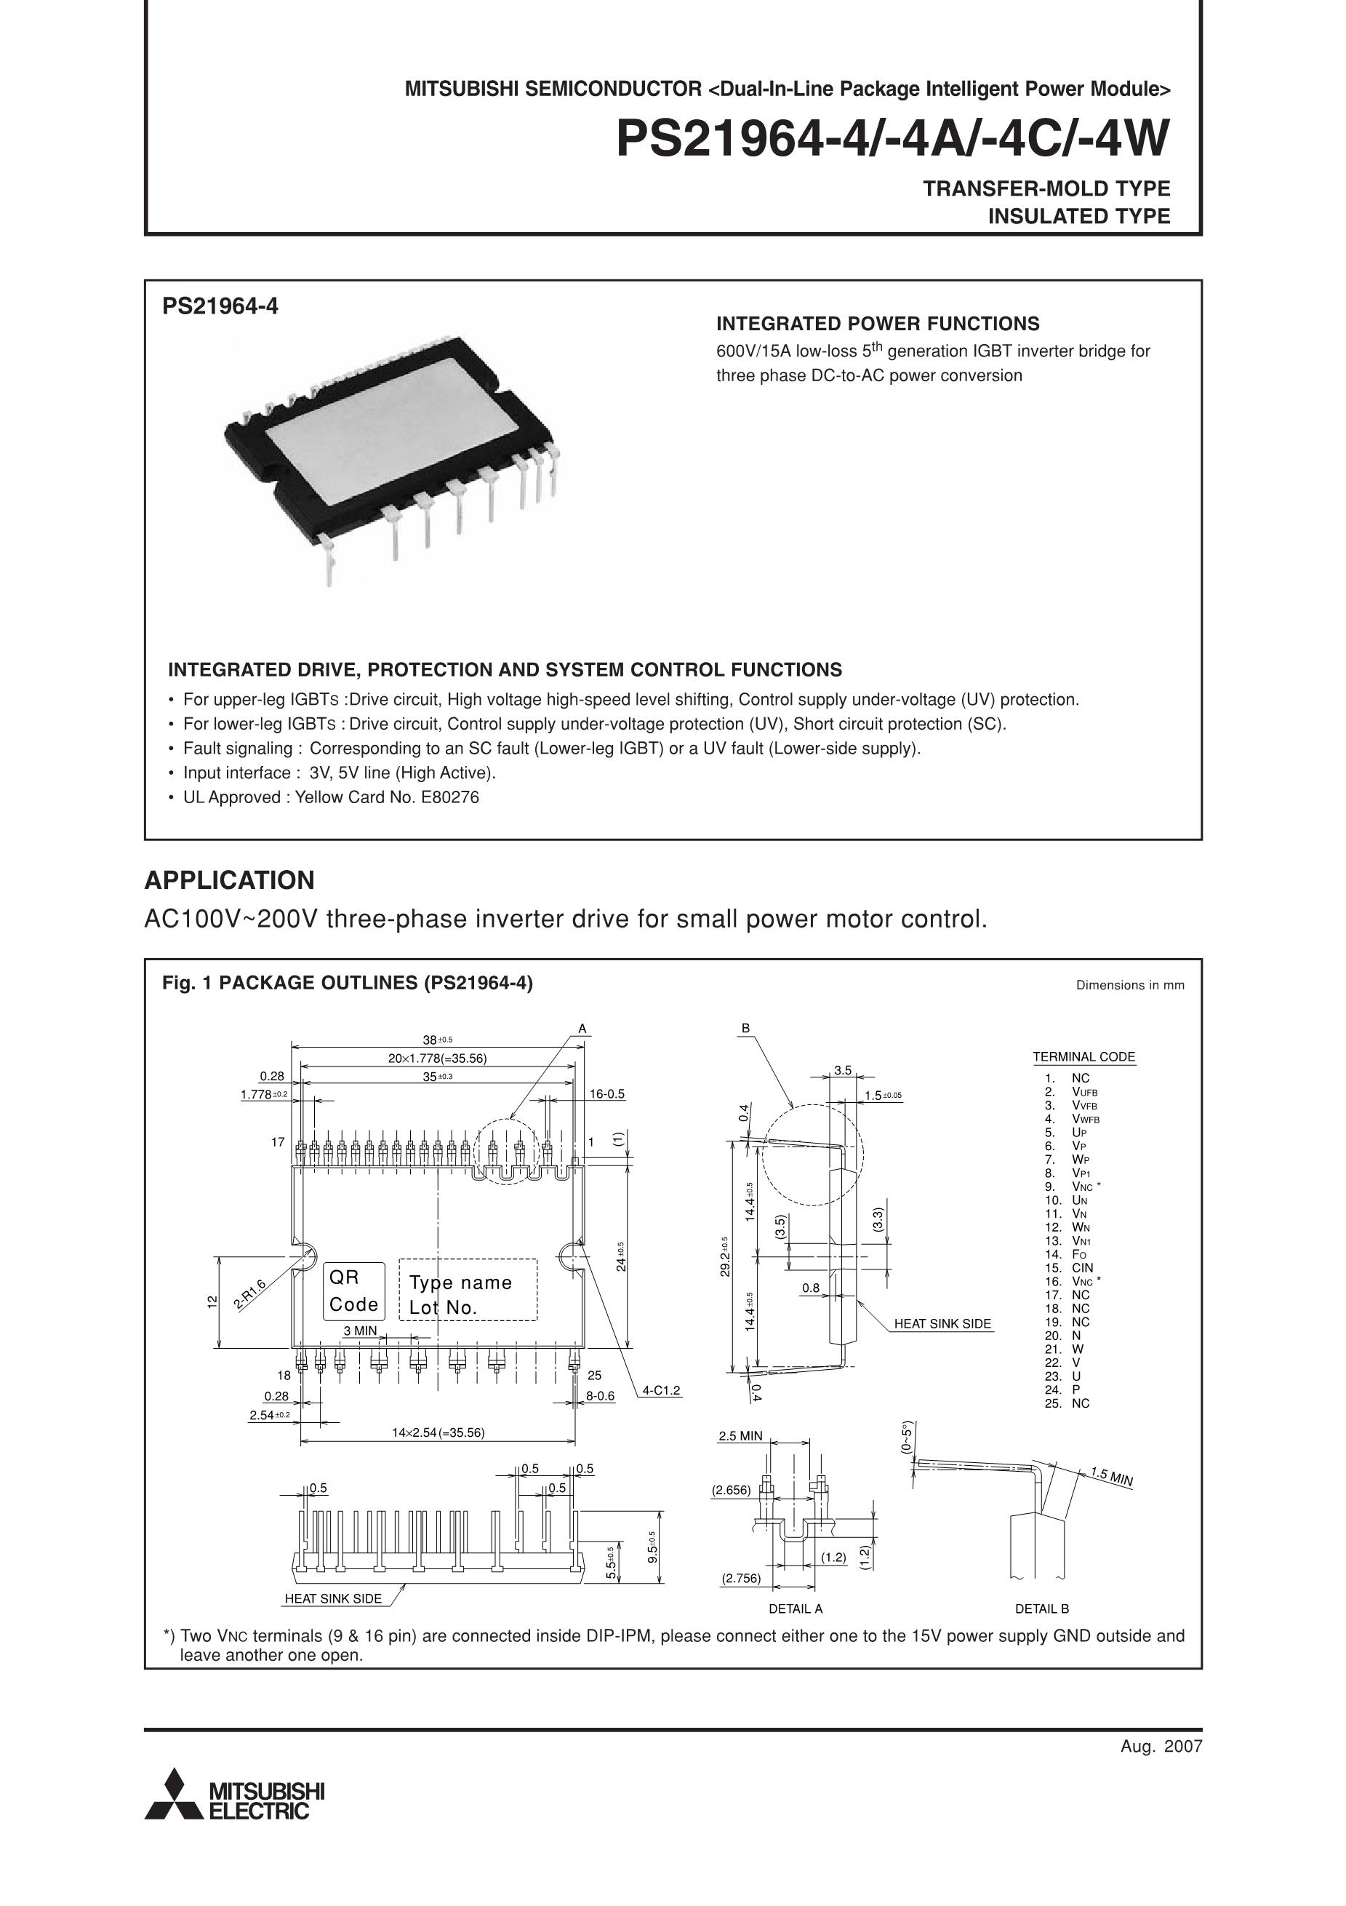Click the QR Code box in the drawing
[x=353, y=1290]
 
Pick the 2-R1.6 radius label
[x=249, y=1294]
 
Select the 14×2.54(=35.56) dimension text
[x=438, y=1432]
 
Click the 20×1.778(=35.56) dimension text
[x=437, y=1058]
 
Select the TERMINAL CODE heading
[x=1083, y=1057]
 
